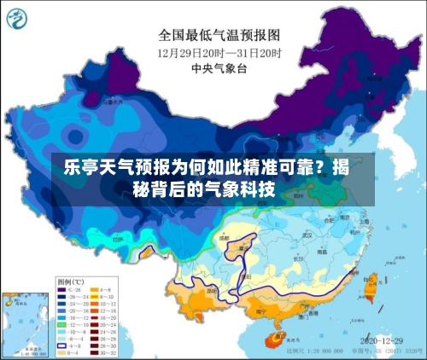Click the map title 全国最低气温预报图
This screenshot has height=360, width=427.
pyautogui.click(x=219, y=35)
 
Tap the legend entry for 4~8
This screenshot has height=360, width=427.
pyautogui.click(x=105, y=288)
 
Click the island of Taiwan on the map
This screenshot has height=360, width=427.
pyautogui.click(x=369, y=289)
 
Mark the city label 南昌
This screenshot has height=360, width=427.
pyautogui.click(x=322, y=253)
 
